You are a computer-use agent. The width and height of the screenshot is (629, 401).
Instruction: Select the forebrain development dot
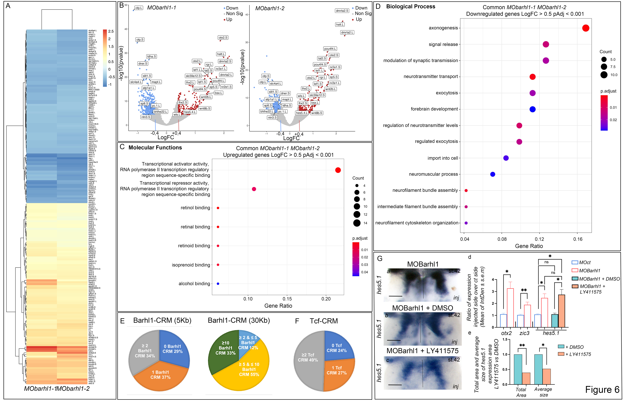[x=532, y=109]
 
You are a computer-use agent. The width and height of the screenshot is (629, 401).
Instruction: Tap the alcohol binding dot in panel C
[x=218, y=284]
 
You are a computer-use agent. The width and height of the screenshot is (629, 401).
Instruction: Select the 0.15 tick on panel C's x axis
[x=287, y=299]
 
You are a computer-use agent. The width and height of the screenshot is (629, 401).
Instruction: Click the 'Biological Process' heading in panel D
[x=411, y=7]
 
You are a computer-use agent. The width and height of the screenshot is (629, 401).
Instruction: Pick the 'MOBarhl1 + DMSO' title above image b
[x=422, y=308]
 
